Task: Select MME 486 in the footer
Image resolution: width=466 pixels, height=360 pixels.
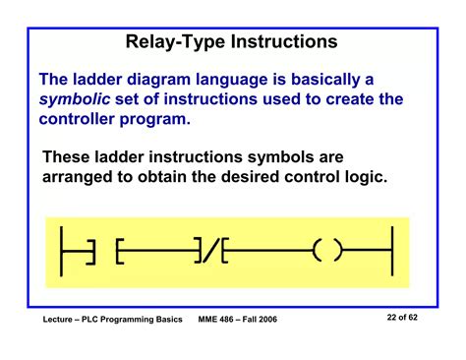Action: (220, 323)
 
